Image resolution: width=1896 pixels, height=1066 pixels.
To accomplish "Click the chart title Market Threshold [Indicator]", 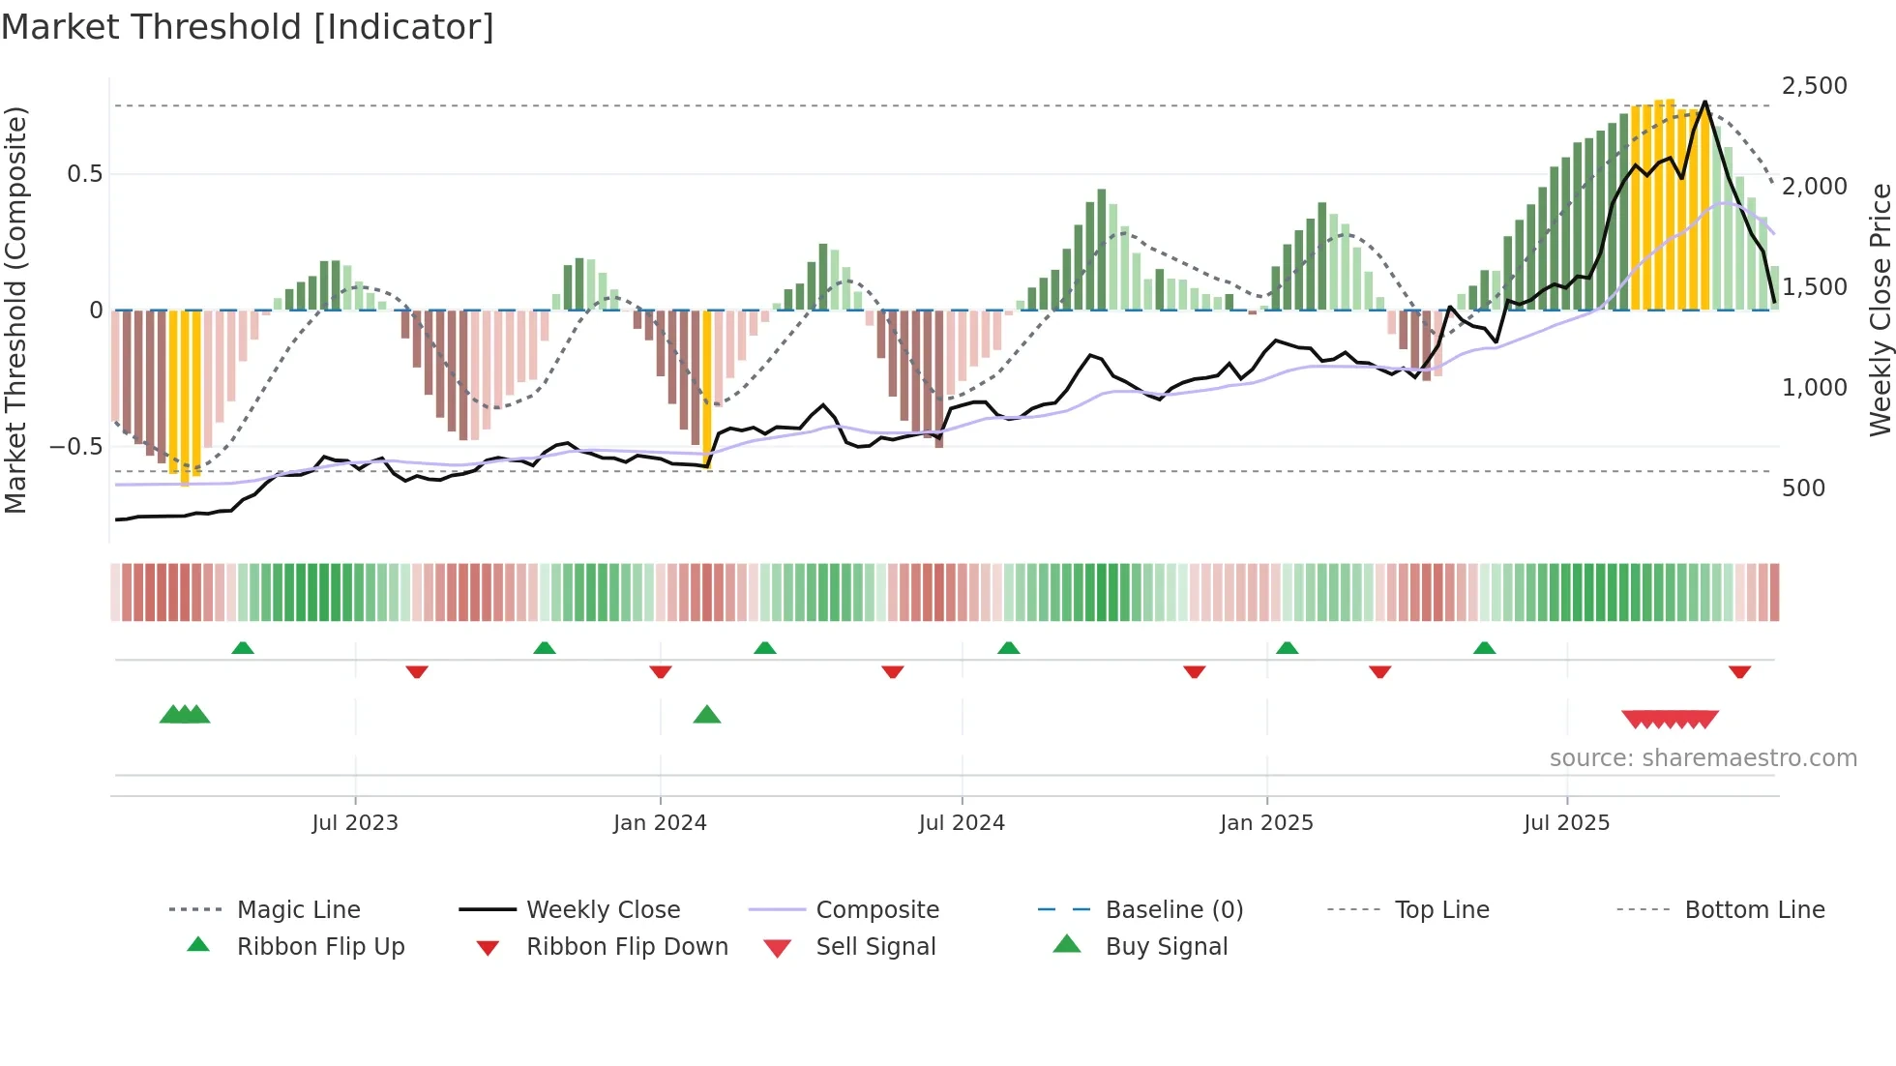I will pyautogui.click(x=248, y=27).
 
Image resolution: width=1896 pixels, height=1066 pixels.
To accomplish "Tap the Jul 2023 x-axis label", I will pyautogui.click(x=355, y=823).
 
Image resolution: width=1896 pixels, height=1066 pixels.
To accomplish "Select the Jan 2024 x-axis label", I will pyautogui.click(x=660, y=823).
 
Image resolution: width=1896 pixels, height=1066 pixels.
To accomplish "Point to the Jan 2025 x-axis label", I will pyautogui.click(x=1266, y=823).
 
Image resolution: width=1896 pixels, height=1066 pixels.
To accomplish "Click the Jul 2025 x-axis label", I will pyautogui.click(x=1566, y=823).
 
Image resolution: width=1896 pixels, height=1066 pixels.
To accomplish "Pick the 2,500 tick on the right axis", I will pyautogui.click(x=1814, y=86).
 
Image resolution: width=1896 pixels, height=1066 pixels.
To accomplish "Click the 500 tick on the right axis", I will pyautogui.click(x=1803, y=489).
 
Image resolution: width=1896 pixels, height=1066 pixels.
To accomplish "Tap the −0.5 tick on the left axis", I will pyautogui.click(x=75, y=447).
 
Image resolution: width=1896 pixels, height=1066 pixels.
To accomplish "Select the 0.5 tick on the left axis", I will pyautogui.click(x=84, y=174).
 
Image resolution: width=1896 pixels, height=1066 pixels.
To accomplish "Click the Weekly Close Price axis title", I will pyautogui.click(x=1880, y=310).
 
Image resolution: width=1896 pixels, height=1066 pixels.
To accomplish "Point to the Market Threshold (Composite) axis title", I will pyautogui.click(x=15, y=310).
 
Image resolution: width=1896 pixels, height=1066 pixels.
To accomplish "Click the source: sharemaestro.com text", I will pyautogui.click(x=1703, y=758).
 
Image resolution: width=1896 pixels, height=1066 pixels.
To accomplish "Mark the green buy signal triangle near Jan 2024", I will pyautogui.click(x=707, y=715).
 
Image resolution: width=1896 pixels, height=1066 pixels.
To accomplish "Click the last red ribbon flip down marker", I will pyautogui.click(x=1739, y=671).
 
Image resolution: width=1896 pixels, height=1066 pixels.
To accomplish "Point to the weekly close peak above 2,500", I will pyautogui.click(x=1704, y=102).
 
